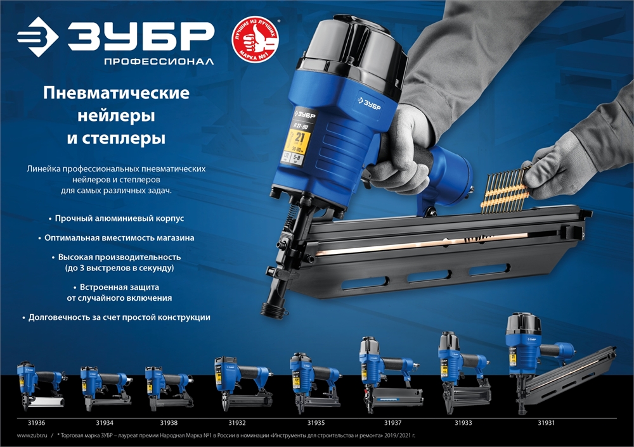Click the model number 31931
(x=546, y=422)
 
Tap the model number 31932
(x=237, y=422)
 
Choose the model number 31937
(x=393, y=422)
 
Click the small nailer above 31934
(x=103, y=386)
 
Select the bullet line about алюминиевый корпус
(x=120, y=218)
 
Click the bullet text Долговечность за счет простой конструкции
(x=120, y=317)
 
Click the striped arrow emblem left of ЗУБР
(x=39, y=36)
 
